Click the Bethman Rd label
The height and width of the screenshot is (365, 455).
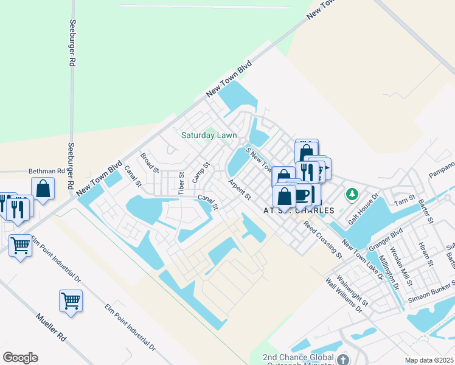click(47, 172)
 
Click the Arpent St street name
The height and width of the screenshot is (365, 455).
click(239, 189)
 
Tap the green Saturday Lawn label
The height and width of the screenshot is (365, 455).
click(209, 135)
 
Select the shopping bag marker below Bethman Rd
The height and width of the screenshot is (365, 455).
click(43, 188)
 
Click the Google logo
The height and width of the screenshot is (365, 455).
click(20, 358)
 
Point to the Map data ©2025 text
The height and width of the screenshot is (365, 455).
click(429, 360)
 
